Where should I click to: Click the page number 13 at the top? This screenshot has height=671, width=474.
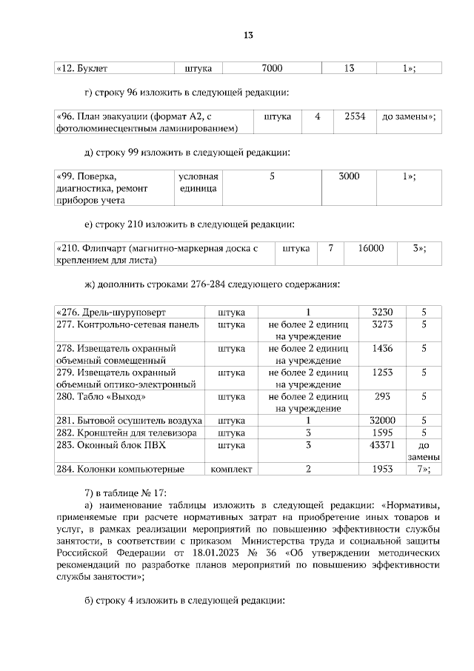[x=249, y=35]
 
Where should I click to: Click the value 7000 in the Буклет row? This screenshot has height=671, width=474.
[x=272, y=68]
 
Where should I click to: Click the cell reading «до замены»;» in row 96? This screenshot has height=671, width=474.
[x=408, y=117]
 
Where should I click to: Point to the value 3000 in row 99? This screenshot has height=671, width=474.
[x=349, y=176]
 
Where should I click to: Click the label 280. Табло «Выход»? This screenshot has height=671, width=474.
[x=97, y=396]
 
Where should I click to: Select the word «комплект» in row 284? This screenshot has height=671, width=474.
[x=232, y=469]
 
